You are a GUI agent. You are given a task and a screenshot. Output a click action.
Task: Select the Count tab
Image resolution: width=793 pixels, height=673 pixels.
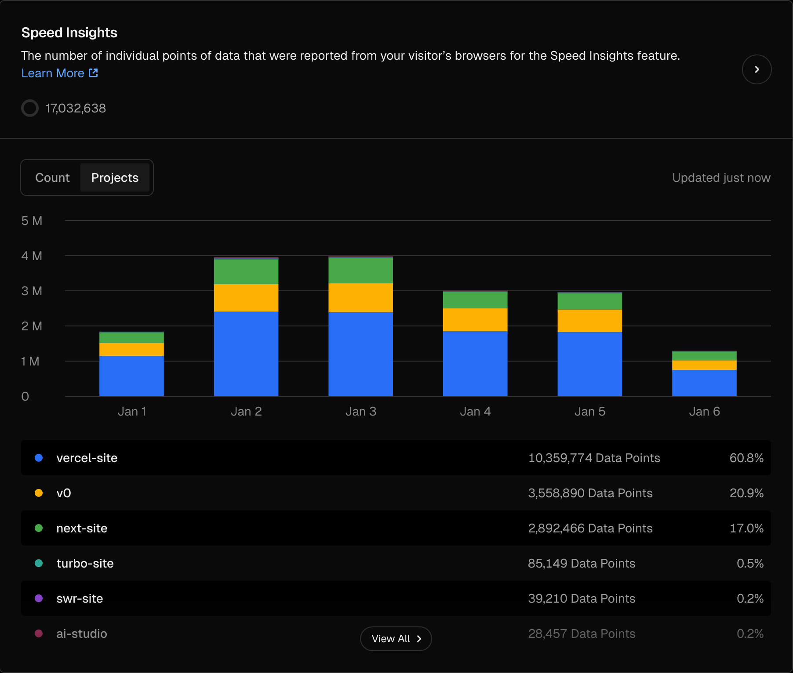[x=52, y=177]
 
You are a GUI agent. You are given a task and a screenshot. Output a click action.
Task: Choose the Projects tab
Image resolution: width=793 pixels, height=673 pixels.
[x=115, y=177]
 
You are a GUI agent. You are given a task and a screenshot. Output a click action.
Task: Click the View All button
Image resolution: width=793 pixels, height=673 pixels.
[x=396, y=638]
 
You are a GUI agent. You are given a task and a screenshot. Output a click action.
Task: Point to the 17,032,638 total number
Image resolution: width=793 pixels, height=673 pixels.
[x=76, y=109]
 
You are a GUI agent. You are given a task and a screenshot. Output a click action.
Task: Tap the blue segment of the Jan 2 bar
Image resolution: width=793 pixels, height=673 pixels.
[x=246, y=354]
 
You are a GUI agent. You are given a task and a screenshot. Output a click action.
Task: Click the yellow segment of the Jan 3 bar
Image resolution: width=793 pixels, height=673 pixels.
[x=360, y=297]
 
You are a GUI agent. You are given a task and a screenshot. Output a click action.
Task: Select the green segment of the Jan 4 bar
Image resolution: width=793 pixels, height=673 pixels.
[x=475, y=300]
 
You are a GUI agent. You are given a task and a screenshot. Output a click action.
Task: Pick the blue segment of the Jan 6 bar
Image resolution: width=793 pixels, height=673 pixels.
[x=704, y=383]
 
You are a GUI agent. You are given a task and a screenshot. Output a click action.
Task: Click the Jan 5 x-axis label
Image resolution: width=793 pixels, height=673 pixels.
[x=589, y=412]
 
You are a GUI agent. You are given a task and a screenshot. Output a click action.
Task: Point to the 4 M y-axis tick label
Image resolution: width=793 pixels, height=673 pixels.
[x=32, y=256]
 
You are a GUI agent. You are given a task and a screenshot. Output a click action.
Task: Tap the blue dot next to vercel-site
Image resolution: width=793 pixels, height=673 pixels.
[x=39, y=458]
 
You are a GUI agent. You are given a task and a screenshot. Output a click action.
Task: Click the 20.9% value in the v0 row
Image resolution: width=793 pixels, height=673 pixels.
[x=746, y=493]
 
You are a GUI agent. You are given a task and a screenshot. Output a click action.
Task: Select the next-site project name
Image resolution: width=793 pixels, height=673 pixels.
[x=82, y=528]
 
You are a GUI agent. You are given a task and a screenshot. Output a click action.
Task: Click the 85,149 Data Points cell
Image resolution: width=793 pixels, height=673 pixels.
[x=581, y=563]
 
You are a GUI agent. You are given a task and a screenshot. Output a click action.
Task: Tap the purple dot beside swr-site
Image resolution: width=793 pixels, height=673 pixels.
[x=39, y=598]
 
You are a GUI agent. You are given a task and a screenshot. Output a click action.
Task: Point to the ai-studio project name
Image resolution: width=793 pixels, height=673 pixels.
[x=82, y=633]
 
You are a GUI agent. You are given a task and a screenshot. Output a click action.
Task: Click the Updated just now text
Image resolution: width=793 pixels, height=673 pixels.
[x=721, y=177]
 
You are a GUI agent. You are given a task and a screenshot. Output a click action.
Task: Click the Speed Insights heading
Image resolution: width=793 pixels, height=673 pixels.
[x=69, y=33]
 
